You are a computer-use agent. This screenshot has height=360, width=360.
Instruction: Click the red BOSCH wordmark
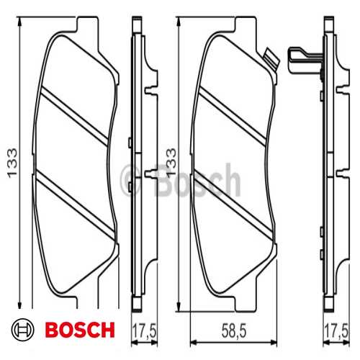tap(79, 330)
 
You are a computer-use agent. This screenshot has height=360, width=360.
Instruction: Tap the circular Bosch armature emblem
tap(24, 330)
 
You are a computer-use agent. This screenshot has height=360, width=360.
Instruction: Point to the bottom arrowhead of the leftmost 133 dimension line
tap(20, 307)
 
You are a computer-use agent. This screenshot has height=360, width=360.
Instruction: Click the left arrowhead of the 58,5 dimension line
tap(190, 341)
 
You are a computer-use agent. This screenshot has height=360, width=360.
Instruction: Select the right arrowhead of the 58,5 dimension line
tap(277, 341)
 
